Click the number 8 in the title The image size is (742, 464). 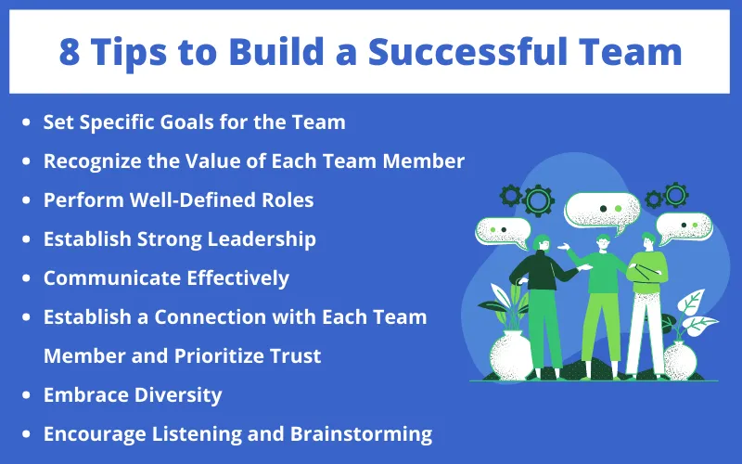click(x=70, y=53)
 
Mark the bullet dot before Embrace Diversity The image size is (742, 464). click(x=29, y=395)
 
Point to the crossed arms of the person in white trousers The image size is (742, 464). click(x=647, y=273)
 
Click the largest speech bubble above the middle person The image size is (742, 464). click(x=603, y=209)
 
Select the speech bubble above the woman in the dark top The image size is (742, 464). click(x=504, y=229)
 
